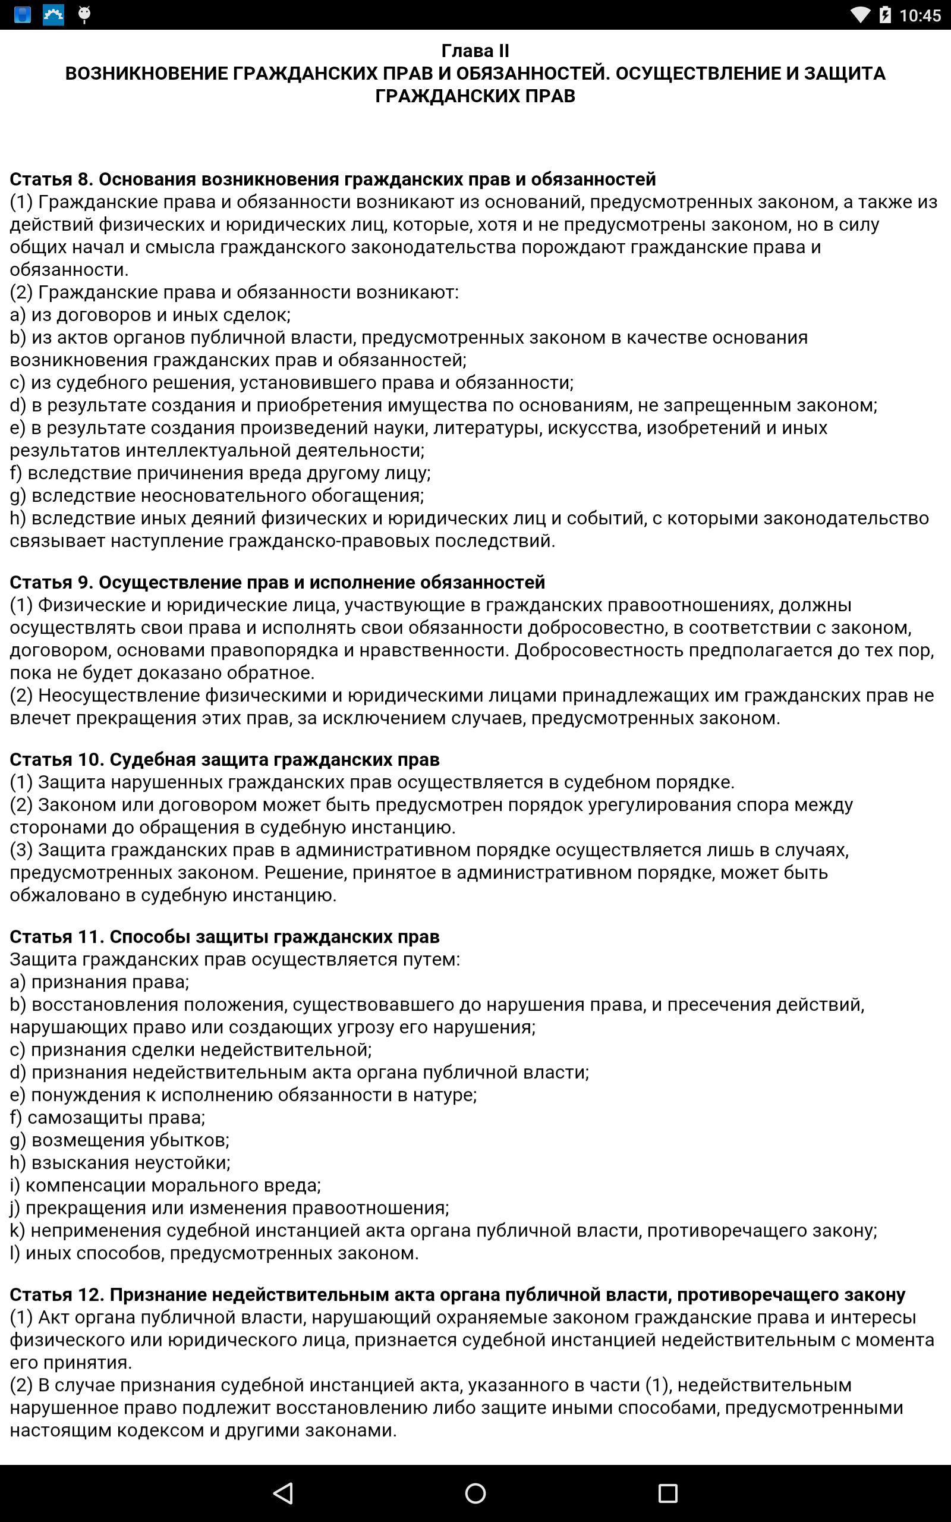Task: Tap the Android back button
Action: tap(284, 1492)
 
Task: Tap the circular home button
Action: tap(475, 1492)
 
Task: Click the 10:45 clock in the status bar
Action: tap(919, 15)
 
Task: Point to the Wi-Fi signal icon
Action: tap(859, 14)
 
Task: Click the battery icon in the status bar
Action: tap(885, 14)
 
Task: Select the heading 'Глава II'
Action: tap(475, 51)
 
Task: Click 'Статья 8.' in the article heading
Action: tap(52, 179)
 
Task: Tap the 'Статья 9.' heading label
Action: tap(52, 583)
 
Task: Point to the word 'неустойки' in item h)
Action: tap(187, 1162)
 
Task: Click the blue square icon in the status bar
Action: tap(23, 14)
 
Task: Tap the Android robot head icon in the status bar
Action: tap(84, 14)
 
